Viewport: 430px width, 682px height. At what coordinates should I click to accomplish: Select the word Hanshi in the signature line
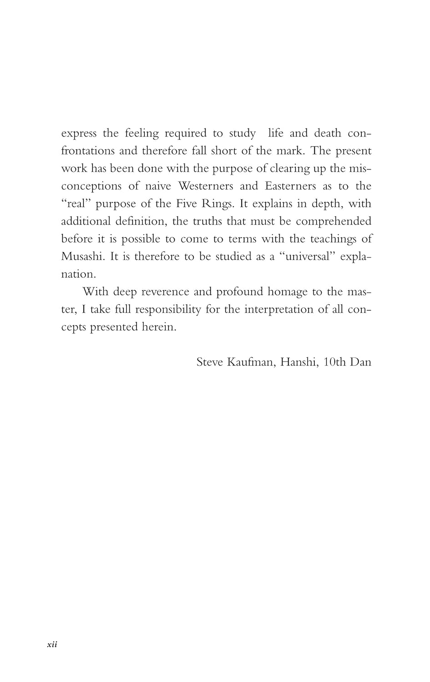[299, 362]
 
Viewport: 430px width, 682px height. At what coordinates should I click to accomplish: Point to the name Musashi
[83, 256]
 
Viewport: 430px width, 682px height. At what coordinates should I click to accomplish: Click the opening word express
[79, 134]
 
